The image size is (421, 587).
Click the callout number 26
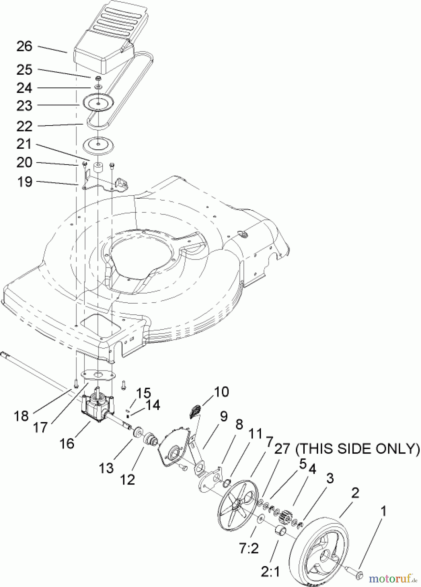24,47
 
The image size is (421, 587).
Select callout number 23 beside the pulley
24,106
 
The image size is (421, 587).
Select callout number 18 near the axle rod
22,416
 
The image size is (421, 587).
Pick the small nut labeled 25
97,79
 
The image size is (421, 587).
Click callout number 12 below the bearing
127,479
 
